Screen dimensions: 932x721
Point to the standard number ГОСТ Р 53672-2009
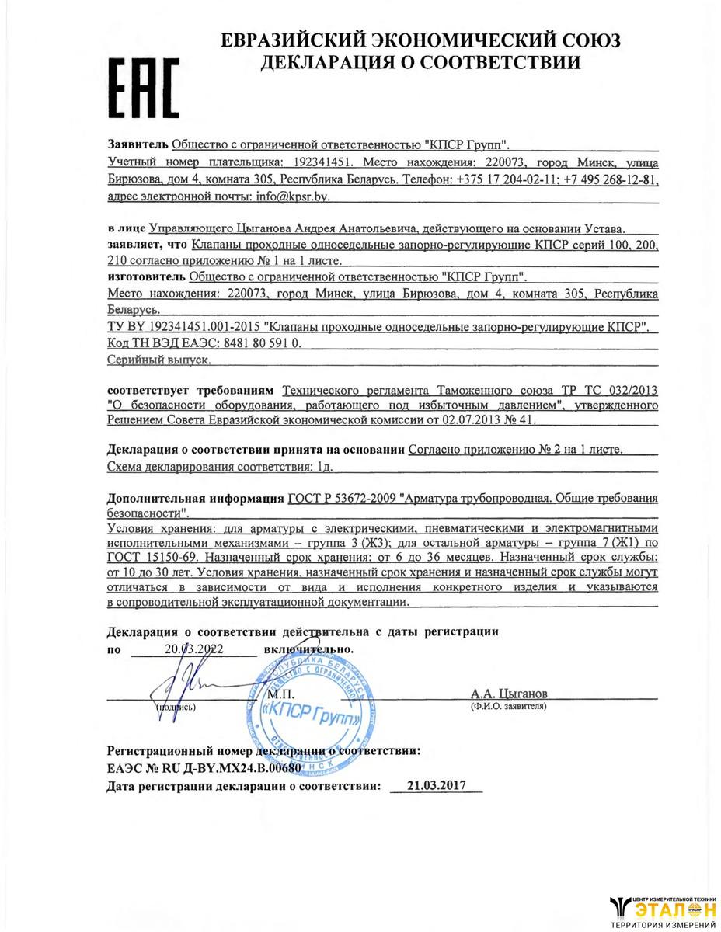click(340, 498)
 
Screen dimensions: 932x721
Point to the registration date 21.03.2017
click(434, 786)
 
